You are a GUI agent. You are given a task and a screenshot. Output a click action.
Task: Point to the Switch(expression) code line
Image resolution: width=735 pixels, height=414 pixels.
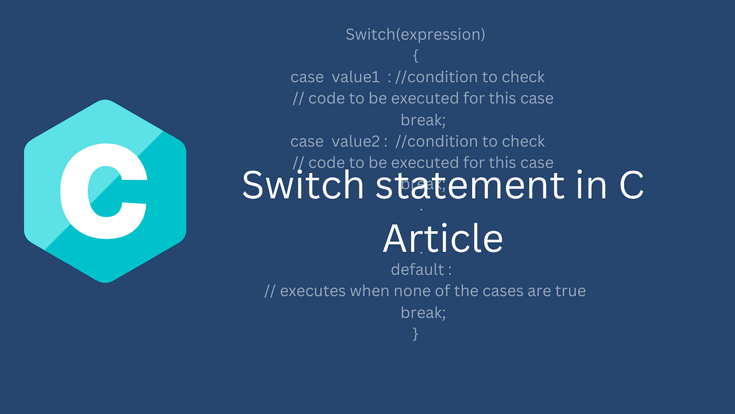pos(415,34)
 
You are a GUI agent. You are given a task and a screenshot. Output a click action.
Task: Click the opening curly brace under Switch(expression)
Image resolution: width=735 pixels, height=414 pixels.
pos(416,56)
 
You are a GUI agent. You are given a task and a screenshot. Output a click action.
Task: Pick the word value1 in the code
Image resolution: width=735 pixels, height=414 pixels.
pos(356,77)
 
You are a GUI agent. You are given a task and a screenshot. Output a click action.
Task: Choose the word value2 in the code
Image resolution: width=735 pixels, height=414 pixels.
pos(357,142)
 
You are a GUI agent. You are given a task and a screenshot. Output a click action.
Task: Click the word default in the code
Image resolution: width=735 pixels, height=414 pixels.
pos(417,269)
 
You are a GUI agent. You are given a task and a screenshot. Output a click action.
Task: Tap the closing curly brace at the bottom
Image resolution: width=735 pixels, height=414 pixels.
pos(416,334)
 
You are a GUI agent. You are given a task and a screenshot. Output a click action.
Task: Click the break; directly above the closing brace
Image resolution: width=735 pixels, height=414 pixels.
pos(423,312)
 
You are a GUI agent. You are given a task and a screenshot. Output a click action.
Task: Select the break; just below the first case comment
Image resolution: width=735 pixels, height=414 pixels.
pos(423,120)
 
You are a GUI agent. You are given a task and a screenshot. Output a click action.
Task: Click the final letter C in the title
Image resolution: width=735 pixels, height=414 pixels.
pos(631,186)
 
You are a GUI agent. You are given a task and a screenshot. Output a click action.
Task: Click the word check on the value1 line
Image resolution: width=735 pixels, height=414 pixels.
pos(523,77)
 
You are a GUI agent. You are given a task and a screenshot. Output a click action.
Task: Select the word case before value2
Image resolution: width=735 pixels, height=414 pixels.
pos(307,142)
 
